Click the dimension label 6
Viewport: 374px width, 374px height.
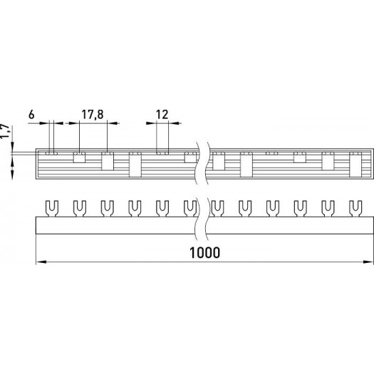click(31, 115)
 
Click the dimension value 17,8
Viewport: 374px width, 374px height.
click(93, 115)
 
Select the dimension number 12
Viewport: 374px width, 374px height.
click(162, 115)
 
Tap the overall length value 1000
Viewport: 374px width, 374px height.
click(204, 253)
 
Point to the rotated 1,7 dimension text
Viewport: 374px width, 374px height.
click(5, 131)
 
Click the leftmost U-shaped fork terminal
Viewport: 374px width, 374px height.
click(52, 209)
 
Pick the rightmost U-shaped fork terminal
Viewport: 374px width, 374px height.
click(355, 209)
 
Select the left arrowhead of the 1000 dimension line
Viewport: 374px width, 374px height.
click(41, 262)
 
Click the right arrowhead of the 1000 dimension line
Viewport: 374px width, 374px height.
click(368, 262)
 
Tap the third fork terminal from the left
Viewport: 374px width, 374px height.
click(107, 209)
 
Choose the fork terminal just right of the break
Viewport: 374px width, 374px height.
click(217, 209)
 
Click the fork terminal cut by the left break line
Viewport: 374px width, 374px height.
click(190, 209)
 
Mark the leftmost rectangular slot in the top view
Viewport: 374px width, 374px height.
click(79, 157)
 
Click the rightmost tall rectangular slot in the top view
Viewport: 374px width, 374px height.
click(355, 165)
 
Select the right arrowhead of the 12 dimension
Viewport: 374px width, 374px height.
click(174, 123)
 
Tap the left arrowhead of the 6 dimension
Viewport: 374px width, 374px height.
click(44, 123)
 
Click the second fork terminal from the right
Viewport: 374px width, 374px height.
click(328, 209)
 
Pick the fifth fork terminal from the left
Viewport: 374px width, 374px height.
click(162, 209)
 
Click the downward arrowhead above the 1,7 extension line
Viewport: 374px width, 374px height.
click(12, 147)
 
